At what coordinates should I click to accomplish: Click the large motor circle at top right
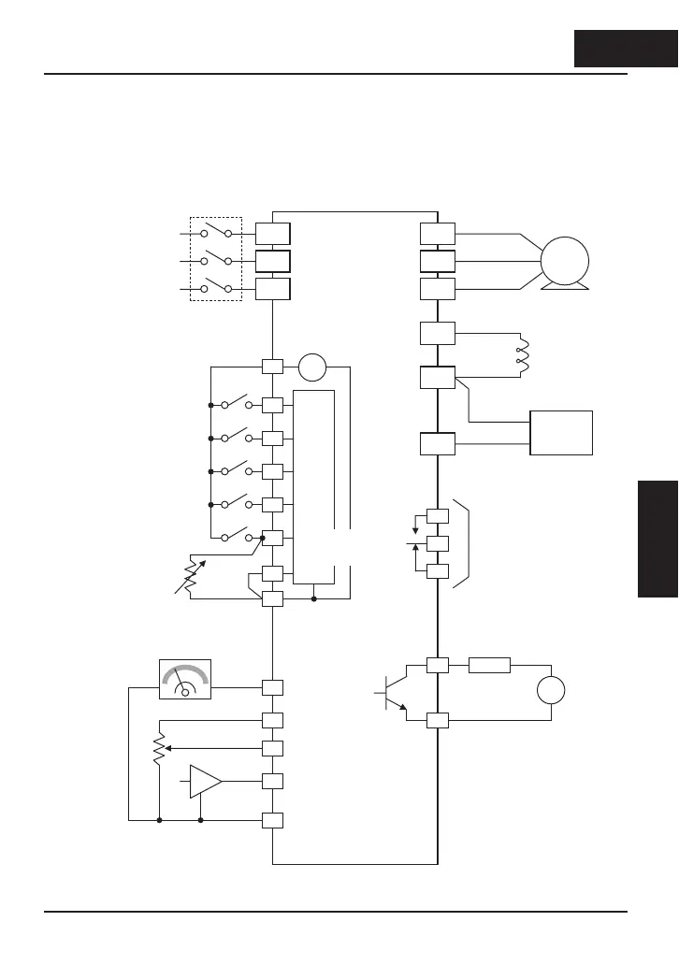click(564, 260)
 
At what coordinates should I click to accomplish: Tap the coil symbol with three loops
click(521, 355)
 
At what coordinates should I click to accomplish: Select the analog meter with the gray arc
click(185, 679)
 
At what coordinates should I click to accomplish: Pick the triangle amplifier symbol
click(205, 782)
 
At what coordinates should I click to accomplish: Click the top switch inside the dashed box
click(216, 234)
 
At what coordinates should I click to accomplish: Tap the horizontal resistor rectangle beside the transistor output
click(489, 666)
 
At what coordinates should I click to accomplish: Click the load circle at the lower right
click(552, 692)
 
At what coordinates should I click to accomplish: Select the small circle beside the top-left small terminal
click(313, 367)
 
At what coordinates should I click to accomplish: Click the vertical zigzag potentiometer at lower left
click(160, 748)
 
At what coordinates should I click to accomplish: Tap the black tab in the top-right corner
click(625, 49)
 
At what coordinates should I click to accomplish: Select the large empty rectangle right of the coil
click(561, 432)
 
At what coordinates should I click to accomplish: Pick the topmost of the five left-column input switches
click(229, 406)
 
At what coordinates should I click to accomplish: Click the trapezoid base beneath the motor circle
click(564, 285)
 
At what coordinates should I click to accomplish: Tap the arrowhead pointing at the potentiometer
click(169, 748)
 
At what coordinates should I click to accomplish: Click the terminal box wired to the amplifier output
click(272, 782)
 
